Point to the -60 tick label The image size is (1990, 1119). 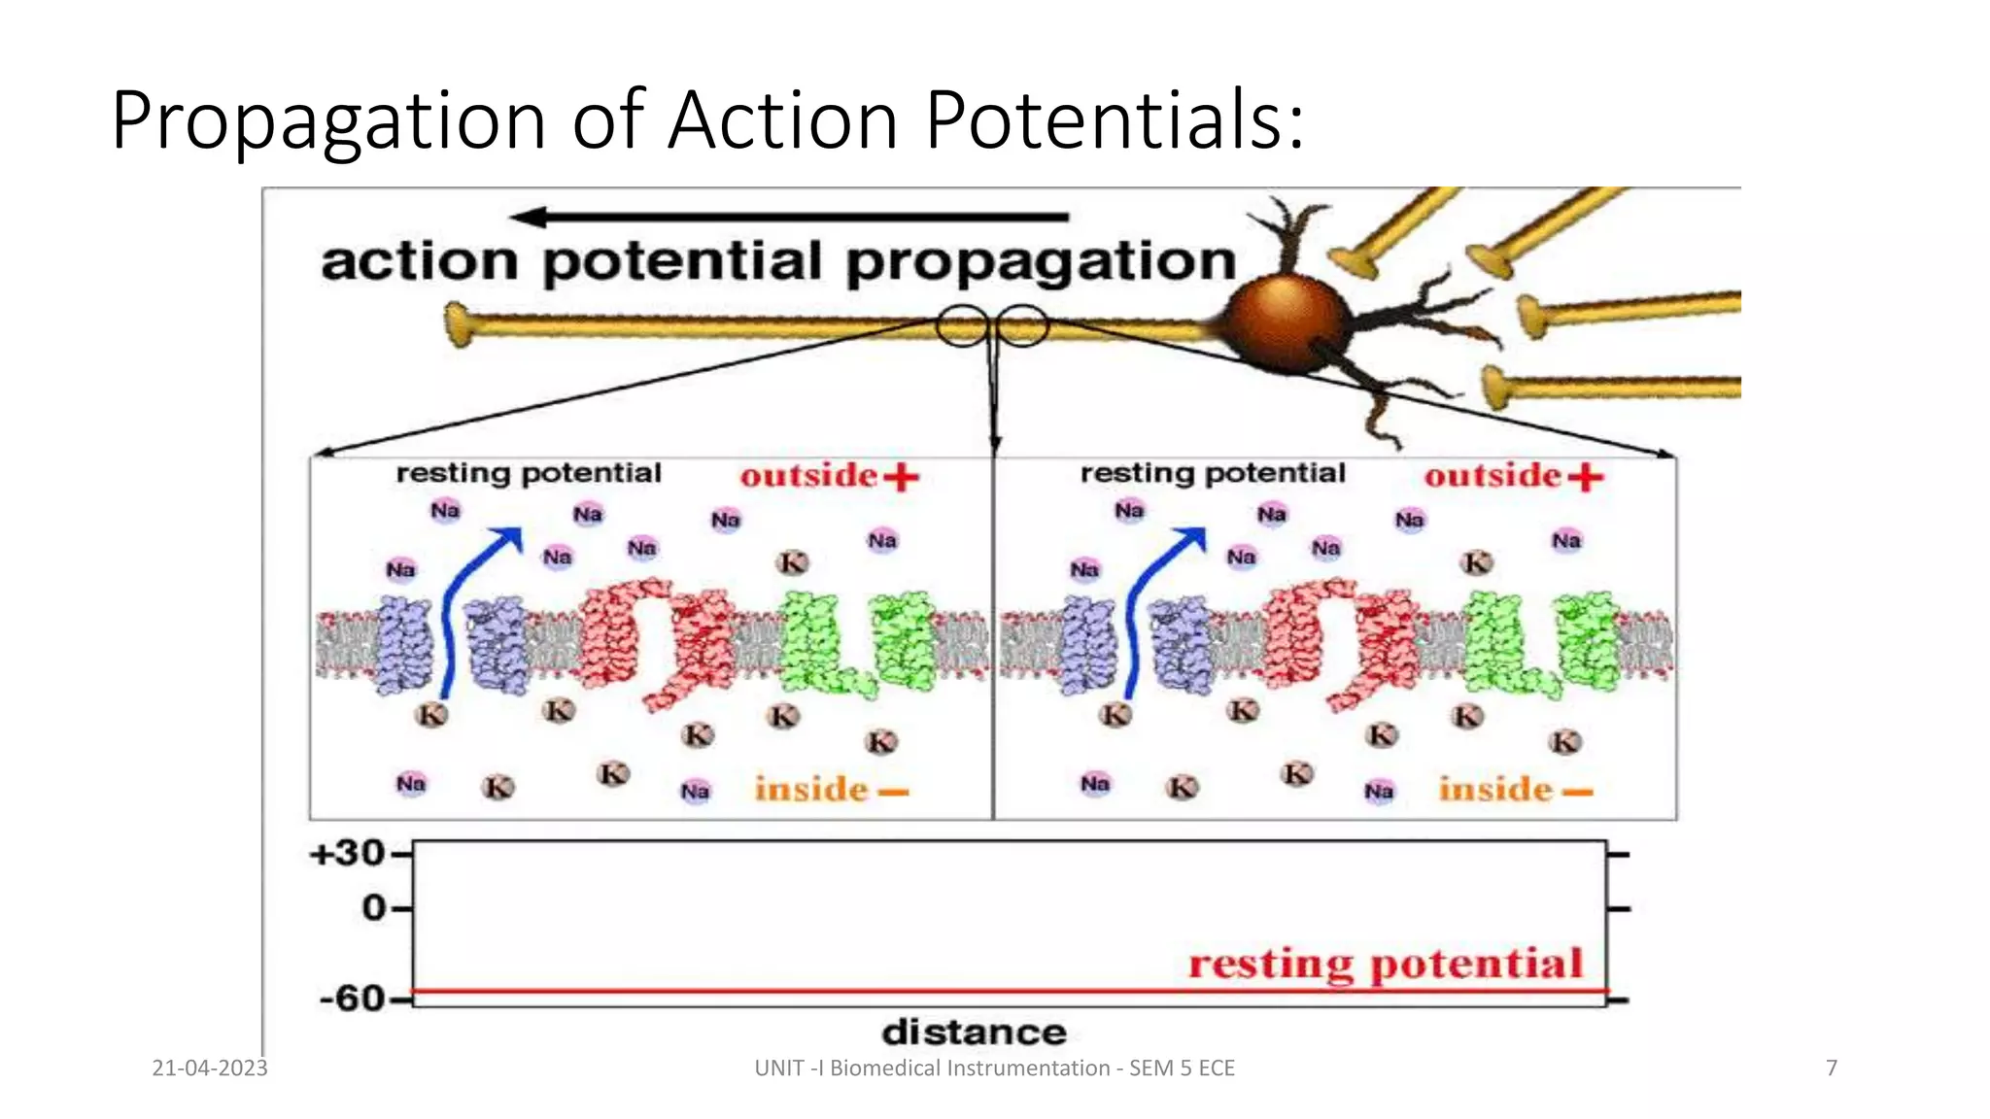click(x=353, y=998)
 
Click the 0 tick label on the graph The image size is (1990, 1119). click(x=374, y=908)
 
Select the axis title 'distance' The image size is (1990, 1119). click(x=974, y=1032)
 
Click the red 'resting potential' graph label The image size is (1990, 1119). click(x=1386, y=964)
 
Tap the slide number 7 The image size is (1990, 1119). click(x=1832, y=1068)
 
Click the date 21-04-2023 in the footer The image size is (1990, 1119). click(x=210, y=1068)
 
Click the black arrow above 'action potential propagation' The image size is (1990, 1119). click(x=788, y=217)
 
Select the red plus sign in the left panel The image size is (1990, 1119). click(x=901, y=477)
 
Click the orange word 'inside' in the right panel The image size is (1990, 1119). click(x=1494, y=790)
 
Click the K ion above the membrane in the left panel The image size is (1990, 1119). click(x=793, y=562)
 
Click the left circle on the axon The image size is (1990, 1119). click(x=962, y=326)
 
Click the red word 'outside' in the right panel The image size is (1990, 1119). click(x=1492, y=476)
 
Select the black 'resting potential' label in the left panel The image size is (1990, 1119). click(x=529, y=473)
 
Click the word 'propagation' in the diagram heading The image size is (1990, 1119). click(x=1041, y=262)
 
